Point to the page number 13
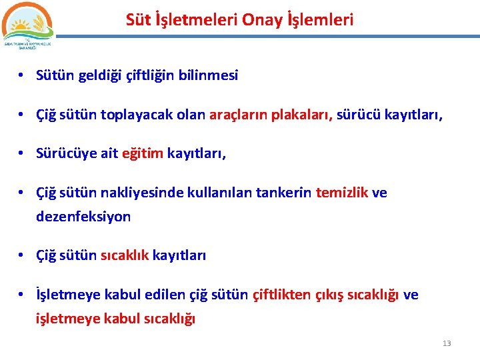447,343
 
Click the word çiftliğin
150,75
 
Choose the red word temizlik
341,193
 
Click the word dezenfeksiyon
83,217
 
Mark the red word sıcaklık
125,255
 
